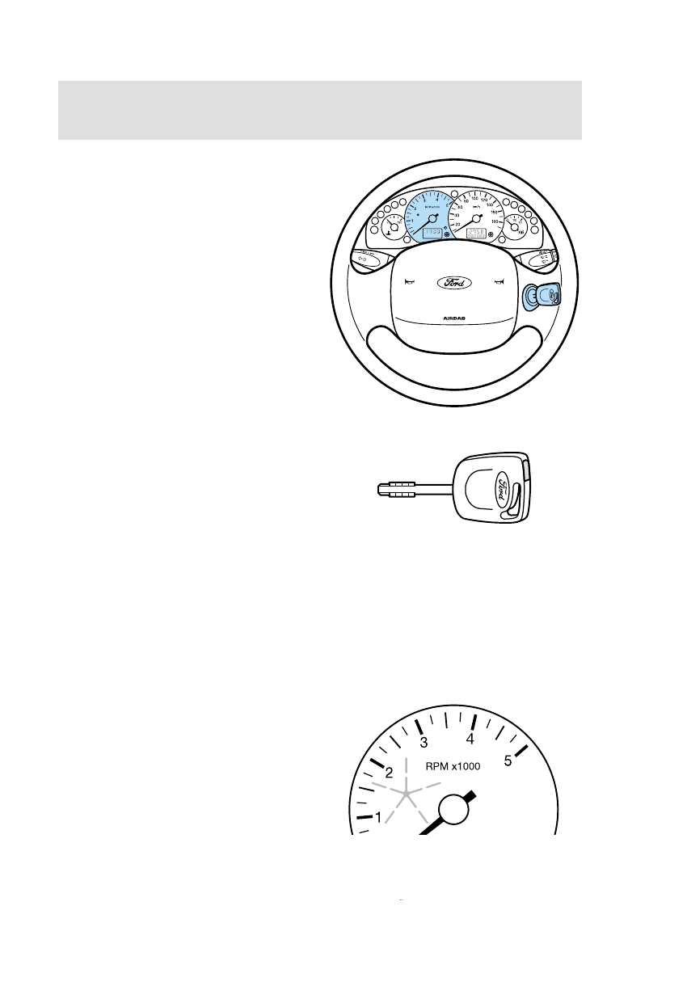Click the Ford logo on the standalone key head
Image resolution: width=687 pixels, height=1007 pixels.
point(501,488)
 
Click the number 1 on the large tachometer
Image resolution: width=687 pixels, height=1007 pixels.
point(378,818)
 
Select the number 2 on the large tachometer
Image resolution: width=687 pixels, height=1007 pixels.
point(389,772)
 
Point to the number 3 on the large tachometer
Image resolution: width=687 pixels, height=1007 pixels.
point(423,743)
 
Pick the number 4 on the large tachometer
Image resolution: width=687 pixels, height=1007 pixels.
point(470,739)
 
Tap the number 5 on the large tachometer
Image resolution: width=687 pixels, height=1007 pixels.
point(509,761)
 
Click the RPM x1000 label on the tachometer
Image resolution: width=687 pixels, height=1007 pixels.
point(453,767)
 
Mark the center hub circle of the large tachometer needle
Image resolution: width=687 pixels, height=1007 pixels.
point(454,809)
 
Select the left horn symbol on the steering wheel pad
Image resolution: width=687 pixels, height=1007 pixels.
point(411,282)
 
